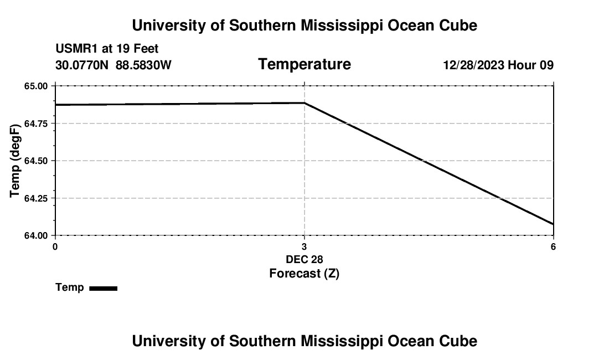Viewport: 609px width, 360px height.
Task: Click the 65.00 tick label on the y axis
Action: coord(37,86)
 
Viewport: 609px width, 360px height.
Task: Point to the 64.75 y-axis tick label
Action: coord(37,123)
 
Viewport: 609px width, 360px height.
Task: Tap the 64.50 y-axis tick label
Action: coord(37,161)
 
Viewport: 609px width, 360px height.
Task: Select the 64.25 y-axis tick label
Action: coord(37,198)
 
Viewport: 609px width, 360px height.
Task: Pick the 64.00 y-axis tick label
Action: coord(37,235)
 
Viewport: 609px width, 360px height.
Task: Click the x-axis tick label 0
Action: coord(55,246)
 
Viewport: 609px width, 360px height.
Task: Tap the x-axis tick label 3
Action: coord(304,246)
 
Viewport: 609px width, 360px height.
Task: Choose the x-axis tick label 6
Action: coord(553,246)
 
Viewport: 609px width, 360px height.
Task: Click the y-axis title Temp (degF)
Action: coord(16,161)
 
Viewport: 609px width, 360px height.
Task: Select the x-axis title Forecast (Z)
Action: coord(304,273)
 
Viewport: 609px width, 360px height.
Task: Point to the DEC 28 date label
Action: coord(304,259)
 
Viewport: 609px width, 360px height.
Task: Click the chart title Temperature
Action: coord(304,64)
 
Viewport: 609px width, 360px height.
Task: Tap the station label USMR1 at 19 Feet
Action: coord(107,49)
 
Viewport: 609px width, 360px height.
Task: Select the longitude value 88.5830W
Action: coord(143,65)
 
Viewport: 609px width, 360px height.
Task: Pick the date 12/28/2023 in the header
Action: coord(473,65)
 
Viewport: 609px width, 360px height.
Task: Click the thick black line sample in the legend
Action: coord(103,288)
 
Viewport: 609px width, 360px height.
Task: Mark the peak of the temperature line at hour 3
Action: coord(304,103)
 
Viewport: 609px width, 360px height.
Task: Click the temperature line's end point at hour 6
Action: coord(553,224)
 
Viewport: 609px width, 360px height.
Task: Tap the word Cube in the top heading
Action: coord(457,25)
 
